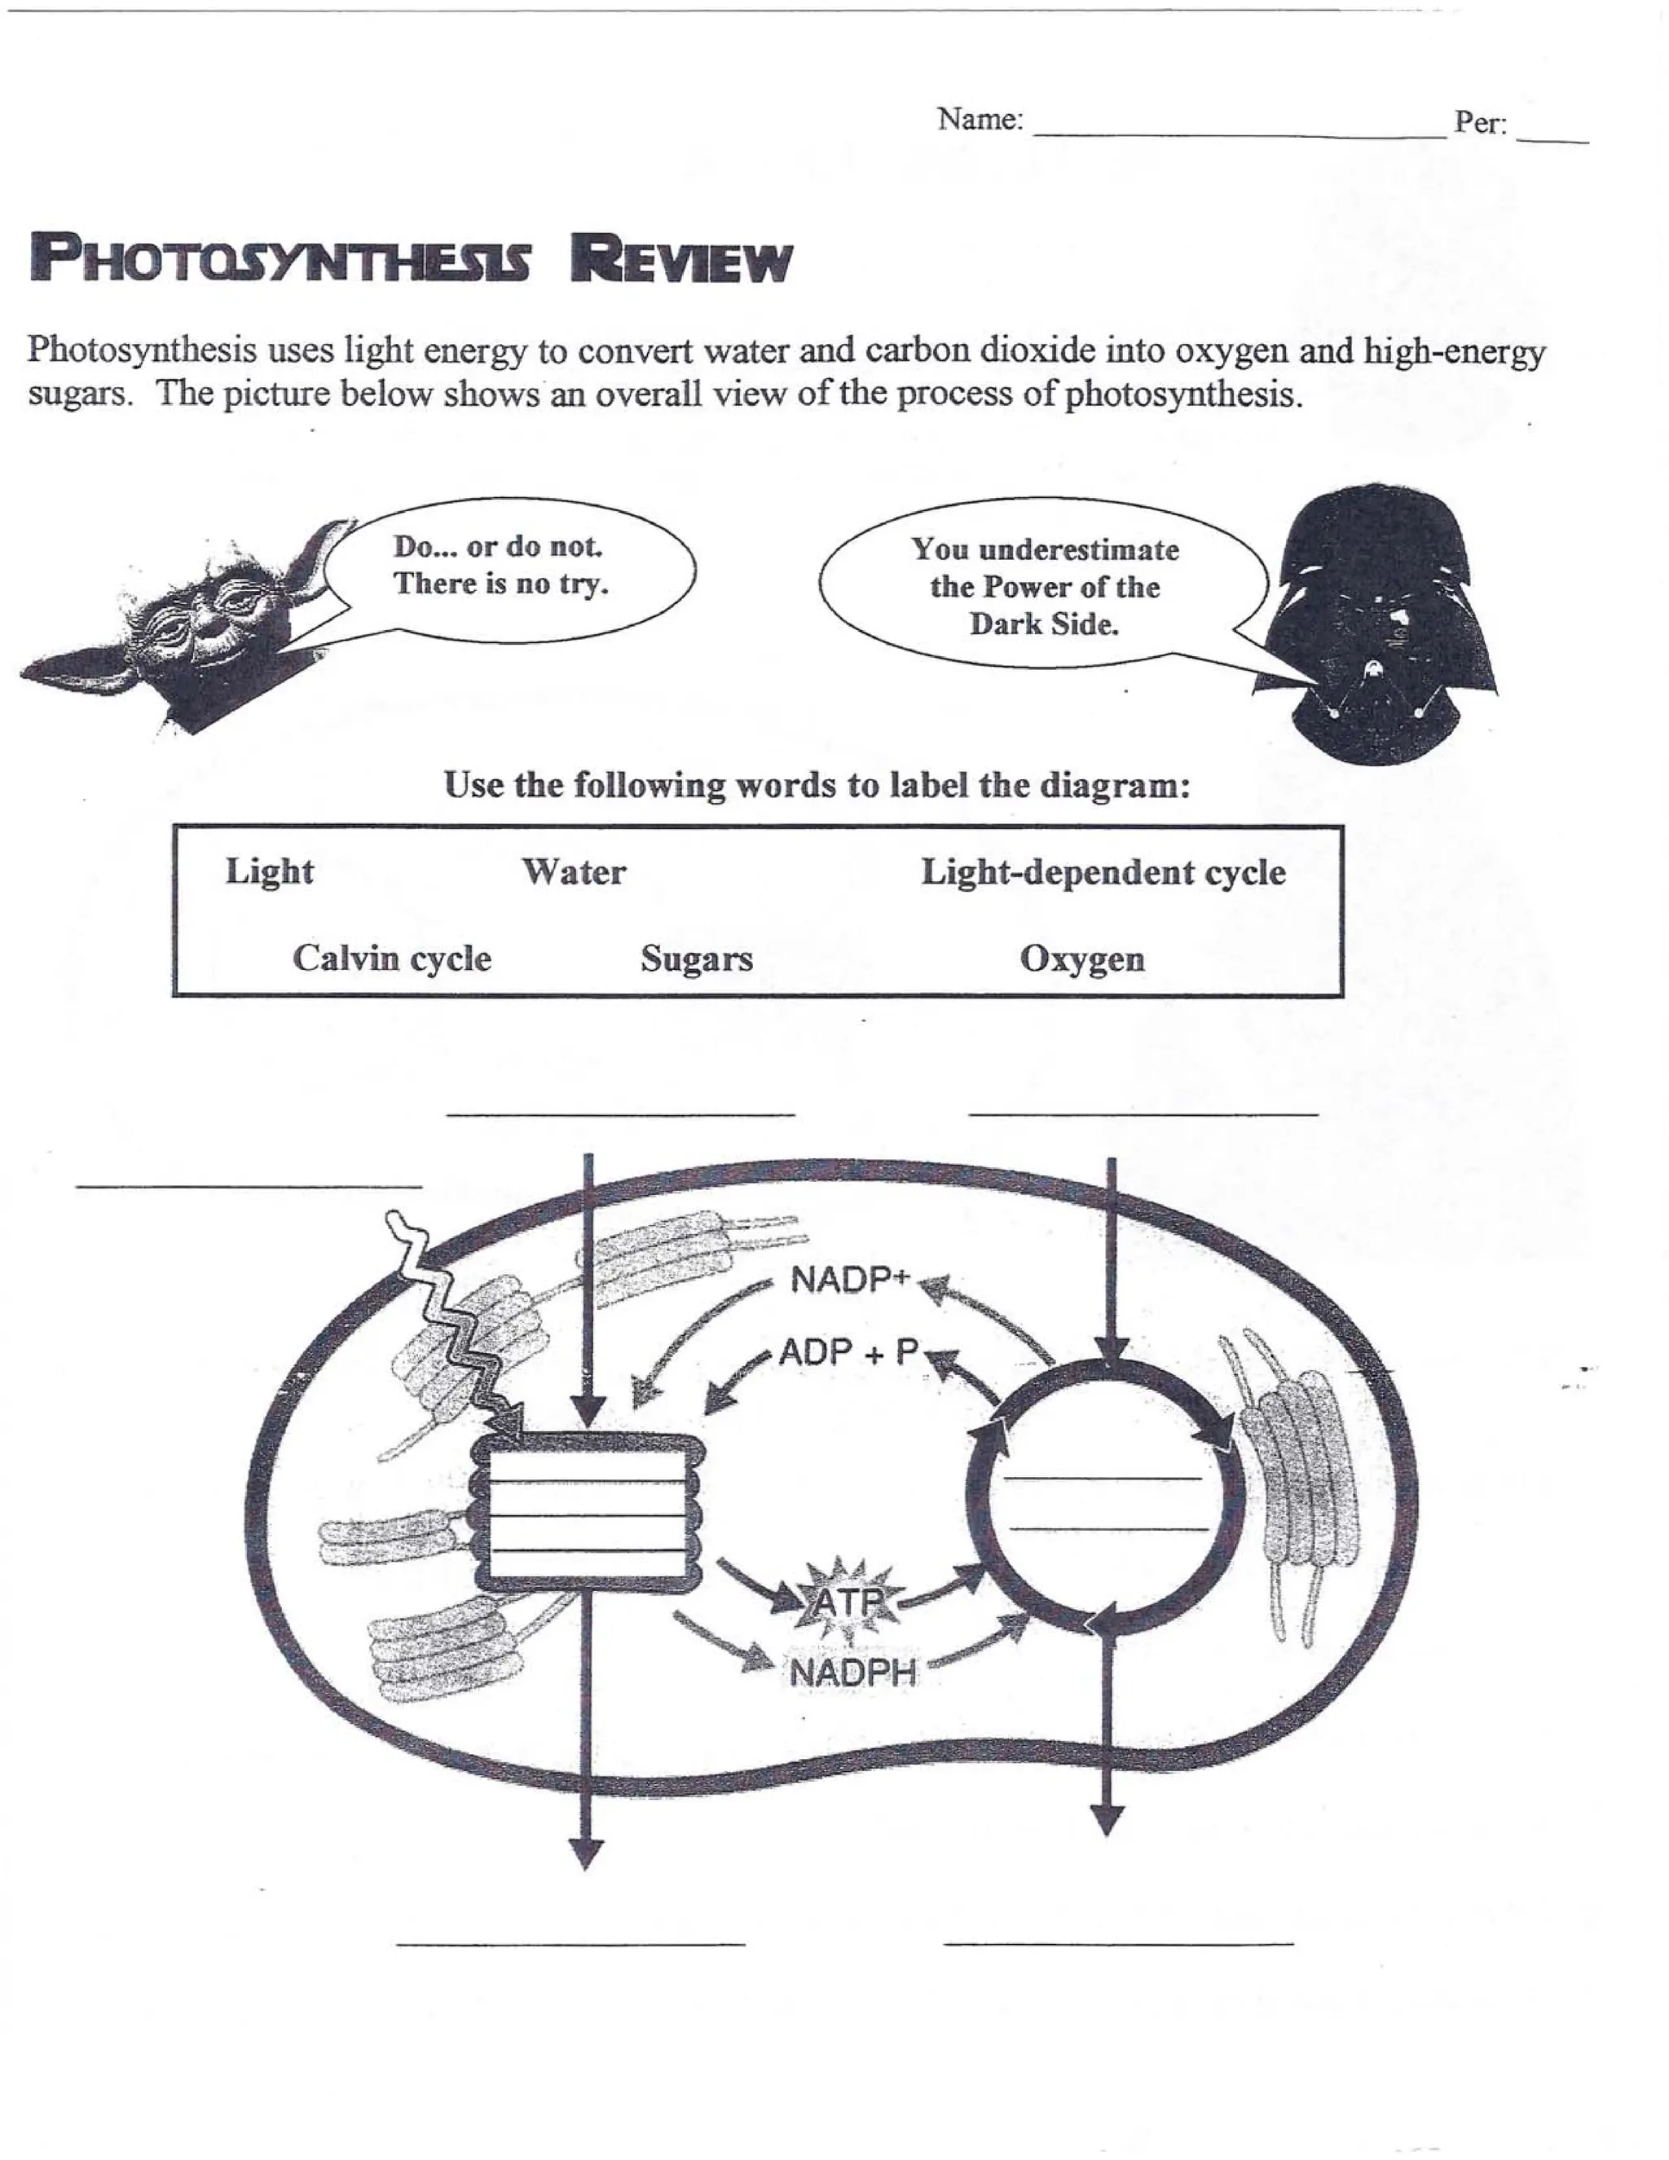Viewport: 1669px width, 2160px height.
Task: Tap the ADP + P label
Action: tap(848, 1352)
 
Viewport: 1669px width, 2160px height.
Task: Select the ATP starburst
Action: tap(848, 1600)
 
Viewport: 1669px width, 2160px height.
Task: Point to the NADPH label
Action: tap(852, 1673)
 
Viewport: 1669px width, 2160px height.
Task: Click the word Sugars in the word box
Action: tap(696, 959)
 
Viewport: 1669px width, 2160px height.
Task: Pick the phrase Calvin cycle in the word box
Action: tap(391, 959)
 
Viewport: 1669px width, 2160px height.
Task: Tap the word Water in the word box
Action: tap(574, 872)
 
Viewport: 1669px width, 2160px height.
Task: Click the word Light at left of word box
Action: tap(269, 871)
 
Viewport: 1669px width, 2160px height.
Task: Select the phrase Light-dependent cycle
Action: tap(1103, 872)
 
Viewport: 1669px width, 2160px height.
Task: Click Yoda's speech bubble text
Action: tap(500, 565)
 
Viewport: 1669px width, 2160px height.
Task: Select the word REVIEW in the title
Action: tap(681, 260)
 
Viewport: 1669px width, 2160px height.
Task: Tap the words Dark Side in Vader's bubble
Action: tap(1043, 625)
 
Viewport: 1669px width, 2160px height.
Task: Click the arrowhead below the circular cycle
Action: tap(1107, 1821)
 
